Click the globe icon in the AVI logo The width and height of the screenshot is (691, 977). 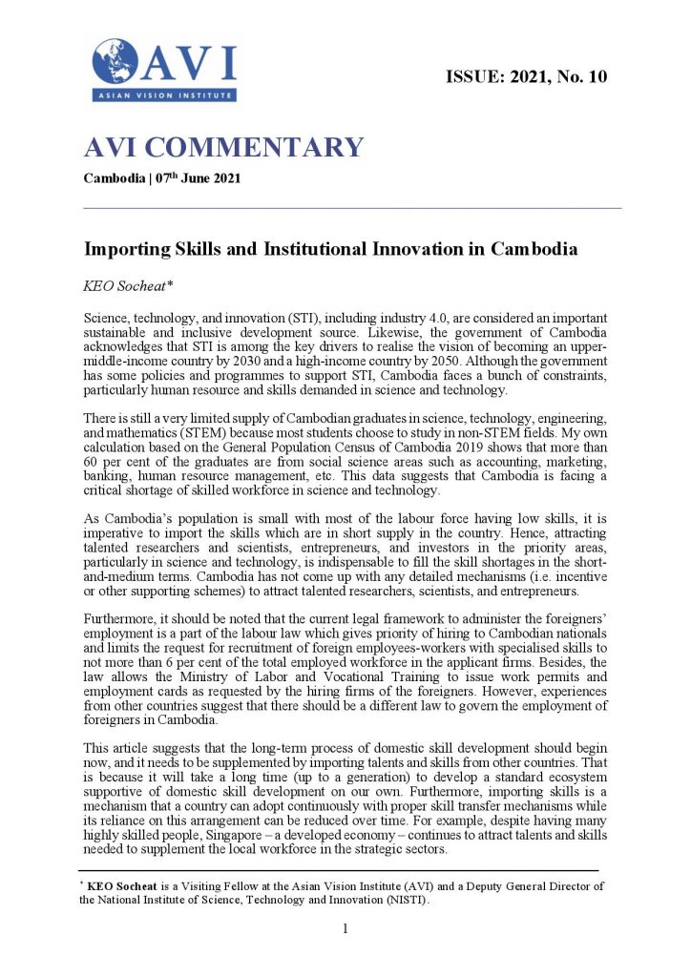tap(115, 60)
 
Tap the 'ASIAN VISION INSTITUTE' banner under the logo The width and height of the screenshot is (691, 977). tap(163, 95)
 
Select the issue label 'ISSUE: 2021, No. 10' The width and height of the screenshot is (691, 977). tap(527, 76)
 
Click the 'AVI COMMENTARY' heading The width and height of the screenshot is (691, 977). tap(224, 148)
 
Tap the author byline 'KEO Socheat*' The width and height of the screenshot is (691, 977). tap(121, 284)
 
